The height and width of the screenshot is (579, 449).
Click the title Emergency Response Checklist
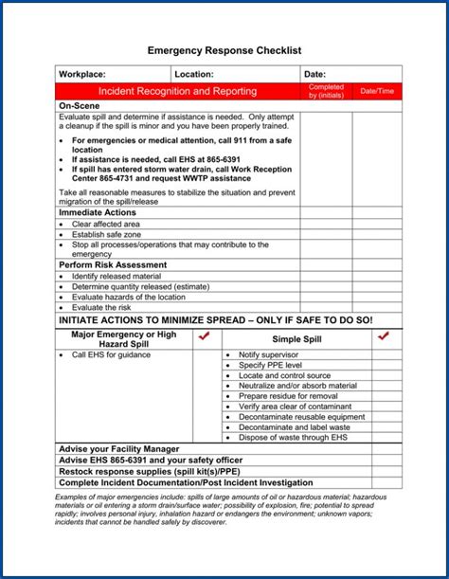tap(224, 49)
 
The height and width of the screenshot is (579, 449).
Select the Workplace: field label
tap(82, 74)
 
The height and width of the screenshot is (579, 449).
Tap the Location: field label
tap(196, 74)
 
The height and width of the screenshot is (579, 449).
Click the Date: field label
tap(314, 74)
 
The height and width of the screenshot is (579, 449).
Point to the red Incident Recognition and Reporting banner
tap(178, 92)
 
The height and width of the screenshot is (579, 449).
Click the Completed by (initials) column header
tap(326, 92)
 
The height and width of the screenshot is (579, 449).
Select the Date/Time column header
tap(377, 92)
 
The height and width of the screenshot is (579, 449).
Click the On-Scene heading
tap(80, 105)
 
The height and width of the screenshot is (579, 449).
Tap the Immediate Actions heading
tap(99, 213)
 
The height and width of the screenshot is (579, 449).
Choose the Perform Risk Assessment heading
tap(114, 264)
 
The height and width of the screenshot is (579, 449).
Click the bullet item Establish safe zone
tap(106, 234)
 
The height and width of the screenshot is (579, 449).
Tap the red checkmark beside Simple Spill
tap(384, 336)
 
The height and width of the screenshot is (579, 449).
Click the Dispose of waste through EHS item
tap(293, 438)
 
